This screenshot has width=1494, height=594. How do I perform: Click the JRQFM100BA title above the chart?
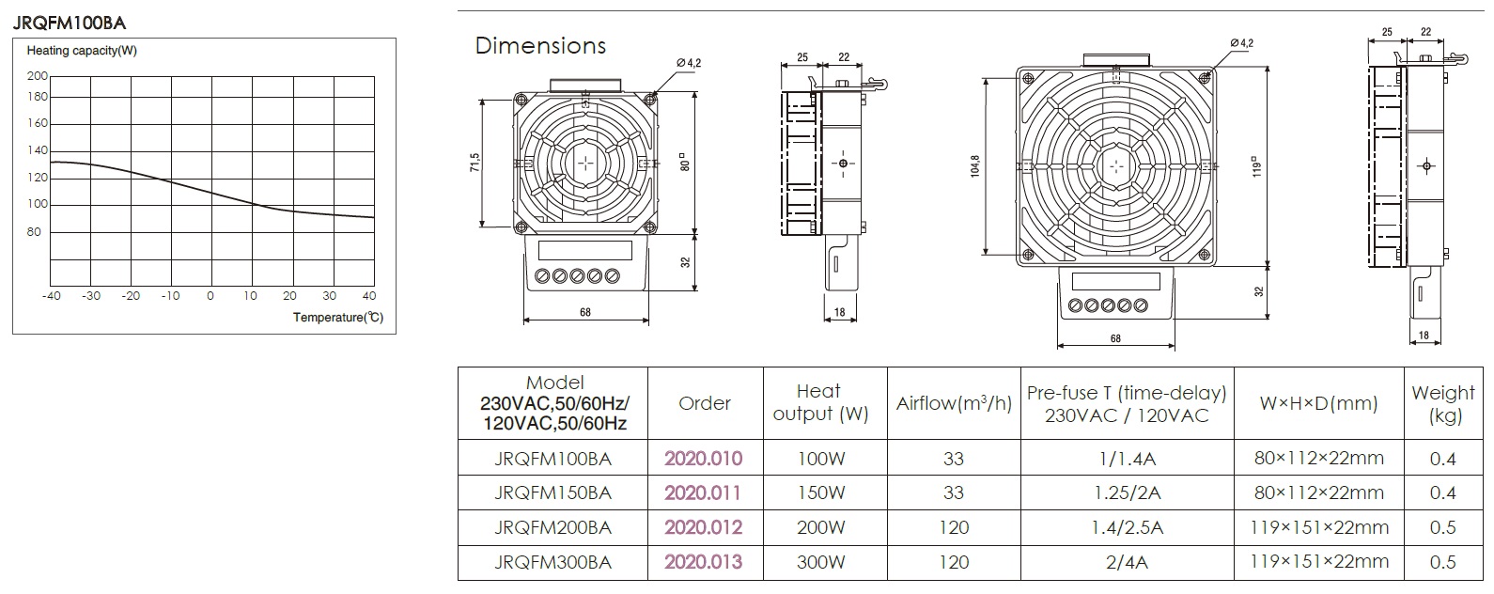click(70, 23)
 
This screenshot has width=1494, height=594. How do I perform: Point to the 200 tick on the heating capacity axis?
click(38, 76)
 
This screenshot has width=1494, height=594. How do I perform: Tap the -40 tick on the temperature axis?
click(51, 296)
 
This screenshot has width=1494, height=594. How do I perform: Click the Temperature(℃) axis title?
click(338, 317)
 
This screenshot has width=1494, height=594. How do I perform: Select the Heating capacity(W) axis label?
click(82, 51)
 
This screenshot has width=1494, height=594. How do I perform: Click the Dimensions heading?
click(540, 45)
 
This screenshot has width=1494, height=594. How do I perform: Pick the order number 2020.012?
click(703, 527)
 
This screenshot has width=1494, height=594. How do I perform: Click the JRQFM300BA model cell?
click(552, 562)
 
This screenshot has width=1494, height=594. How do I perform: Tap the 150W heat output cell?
click(821, 492)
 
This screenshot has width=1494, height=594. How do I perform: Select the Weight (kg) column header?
click(1442, 404)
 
